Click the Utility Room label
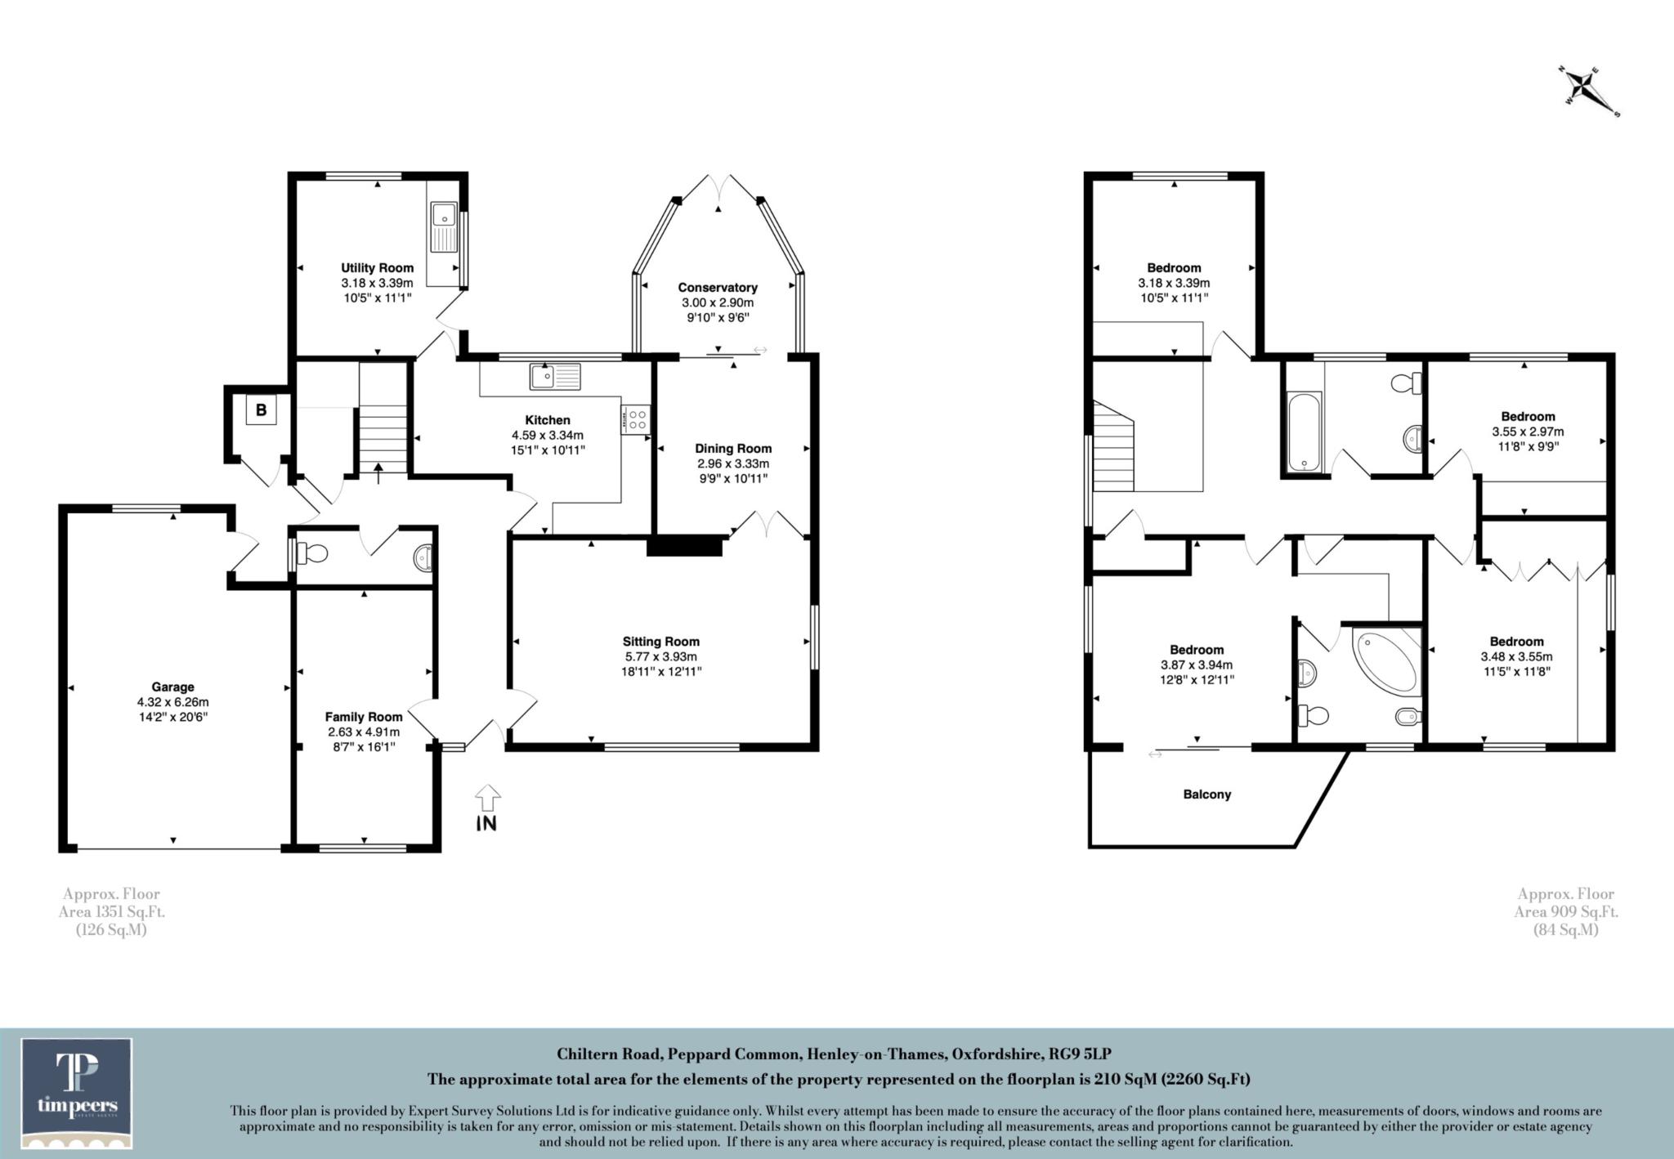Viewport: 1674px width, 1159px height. coord(377,267)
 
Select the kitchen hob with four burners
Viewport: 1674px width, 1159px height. coord(636,419)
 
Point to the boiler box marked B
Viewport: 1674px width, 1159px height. coord(261,410)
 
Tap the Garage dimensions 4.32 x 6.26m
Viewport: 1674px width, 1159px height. coord(172,702)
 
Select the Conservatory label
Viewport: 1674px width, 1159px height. coord(718,287)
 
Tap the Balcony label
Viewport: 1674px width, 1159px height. coord(1206,794)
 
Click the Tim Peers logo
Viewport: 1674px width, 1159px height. coord(77,1093)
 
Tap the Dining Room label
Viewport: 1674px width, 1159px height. coord(733,448)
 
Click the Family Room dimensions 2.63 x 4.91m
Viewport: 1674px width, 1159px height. coord(364,732)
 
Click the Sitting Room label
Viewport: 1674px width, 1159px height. coord(660,642)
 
